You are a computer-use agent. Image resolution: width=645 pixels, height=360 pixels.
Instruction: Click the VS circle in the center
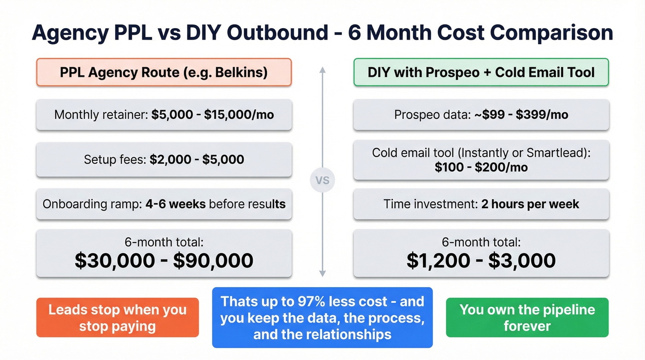(322, 180)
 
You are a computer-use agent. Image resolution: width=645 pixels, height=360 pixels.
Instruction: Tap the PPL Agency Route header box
(164, 72)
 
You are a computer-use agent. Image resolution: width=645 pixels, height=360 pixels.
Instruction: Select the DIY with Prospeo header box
(481, 72)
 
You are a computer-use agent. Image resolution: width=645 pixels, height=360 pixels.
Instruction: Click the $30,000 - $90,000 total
(164, 260)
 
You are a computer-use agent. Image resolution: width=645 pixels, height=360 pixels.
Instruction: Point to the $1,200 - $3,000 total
(481, 260)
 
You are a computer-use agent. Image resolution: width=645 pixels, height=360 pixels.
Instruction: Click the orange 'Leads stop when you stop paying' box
(117, 318)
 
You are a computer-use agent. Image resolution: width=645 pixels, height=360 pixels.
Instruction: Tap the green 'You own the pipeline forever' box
(527, 318)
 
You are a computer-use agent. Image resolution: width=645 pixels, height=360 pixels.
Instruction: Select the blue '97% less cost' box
(322, 318)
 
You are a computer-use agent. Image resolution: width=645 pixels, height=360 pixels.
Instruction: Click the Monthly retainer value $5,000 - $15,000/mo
(212, 115)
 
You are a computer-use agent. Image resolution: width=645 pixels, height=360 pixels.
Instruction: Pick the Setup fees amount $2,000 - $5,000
(197, 159)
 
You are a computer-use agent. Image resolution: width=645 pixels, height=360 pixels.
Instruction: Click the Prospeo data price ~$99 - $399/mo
(521, 115)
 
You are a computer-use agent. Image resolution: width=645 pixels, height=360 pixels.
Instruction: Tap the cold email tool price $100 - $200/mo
(481, 167)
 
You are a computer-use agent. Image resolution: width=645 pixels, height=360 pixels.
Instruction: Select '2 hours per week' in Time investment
(530, 204)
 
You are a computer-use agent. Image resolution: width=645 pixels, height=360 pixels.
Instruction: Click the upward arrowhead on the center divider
(322, 70)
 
